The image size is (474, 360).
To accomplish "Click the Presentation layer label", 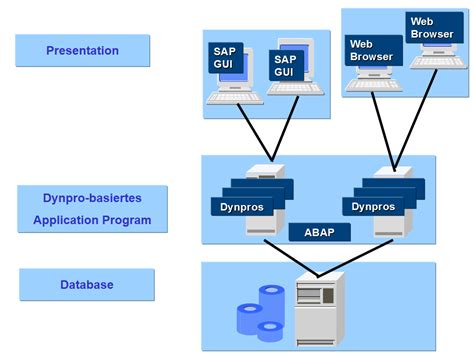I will coord(82,50).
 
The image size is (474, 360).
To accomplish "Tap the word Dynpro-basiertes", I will coord(90,198).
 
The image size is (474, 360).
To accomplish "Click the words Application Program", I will coord(90,219).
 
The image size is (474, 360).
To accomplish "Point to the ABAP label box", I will coord(318,231).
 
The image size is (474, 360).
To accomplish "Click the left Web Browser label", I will coord(371,50).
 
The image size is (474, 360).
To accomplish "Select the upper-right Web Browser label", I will coord(431,27).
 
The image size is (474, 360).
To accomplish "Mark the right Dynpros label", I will coord(371,207).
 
